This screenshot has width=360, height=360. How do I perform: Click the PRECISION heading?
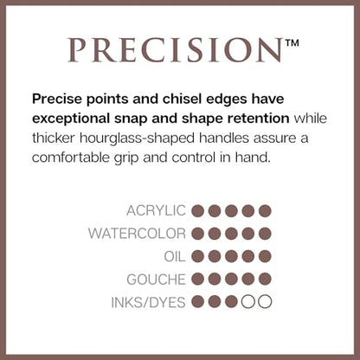coord(175,50)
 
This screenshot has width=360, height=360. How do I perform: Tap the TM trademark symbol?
coord(292,43)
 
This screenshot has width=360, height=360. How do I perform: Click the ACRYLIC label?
coord(156,210)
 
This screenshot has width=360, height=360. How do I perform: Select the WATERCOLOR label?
coord(137,234)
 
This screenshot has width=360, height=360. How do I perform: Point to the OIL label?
coord(175,256)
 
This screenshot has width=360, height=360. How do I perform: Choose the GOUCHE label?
coord(156,280)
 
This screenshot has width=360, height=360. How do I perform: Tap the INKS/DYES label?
coord(148,302)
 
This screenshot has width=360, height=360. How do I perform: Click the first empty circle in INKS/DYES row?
coord(248,302)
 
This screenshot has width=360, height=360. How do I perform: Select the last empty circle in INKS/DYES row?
coord(265,302)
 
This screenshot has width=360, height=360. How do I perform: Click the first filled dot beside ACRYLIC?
coord(197,211)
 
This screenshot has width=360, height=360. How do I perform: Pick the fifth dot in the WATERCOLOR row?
coord(265,234)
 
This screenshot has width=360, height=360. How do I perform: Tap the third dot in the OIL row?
coord(231,256)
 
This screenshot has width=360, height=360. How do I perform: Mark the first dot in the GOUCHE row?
coord(197,280)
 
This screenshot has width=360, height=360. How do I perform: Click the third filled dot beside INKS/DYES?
coord(231,302)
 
